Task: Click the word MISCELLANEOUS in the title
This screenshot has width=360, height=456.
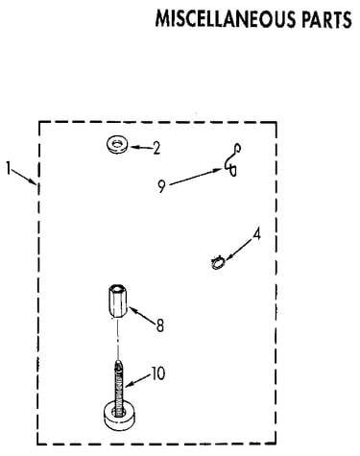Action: coord(226,19)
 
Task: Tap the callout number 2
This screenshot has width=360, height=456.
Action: coord(156,148)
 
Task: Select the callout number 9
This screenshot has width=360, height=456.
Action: coord(162,186)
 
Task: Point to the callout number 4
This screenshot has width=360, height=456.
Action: coord(256,234)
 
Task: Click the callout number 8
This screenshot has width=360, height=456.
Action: coord(160,325)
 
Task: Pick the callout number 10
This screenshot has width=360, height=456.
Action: coord(158,373)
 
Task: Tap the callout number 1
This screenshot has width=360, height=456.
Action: coord(9,168)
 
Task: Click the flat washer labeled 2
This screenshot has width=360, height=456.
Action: coord(117,144)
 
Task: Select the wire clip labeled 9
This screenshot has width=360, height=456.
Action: coord(231,161)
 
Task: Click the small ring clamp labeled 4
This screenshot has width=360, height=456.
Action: coord(218,263)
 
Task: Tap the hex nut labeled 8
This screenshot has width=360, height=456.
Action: coord(118,301)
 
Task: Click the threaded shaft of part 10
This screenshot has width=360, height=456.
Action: coord(119,388)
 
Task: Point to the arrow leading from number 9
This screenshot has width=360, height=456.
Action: coord(196,177)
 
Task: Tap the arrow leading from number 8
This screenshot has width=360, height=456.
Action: coord(142,315)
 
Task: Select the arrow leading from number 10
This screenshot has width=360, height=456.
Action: coord(137,380)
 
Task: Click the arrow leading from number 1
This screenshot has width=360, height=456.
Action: coord(24,178)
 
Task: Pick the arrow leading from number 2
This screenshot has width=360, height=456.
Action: coord(141,148)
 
